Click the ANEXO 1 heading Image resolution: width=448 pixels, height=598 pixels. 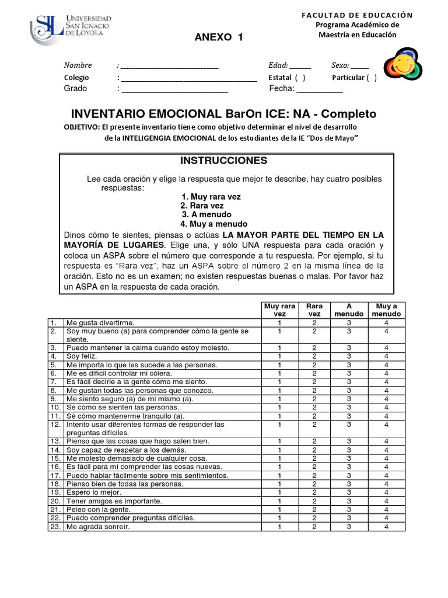point(218,38)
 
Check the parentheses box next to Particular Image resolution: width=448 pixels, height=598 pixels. point(372,78)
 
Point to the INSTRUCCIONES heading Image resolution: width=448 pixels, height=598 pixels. point(223,160)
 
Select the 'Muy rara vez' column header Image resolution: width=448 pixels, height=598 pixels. point(280,310)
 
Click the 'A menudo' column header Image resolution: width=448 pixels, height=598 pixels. point(349,310)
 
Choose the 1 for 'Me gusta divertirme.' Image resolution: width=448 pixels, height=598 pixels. point(280,322)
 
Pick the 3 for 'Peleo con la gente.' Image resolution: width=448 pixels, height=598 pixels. point(349,509)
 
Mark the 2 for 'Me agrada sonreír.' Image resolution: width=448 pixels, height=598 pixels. point(314,526)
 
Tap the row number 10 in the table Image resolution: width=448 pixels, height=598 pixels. point(54,407)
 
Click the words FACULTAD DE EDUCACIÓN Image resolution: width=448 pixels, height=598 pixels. point(357,15)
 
